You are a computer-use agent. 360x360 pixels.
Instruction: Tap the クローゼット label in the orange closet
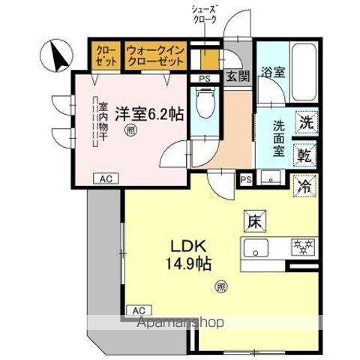104,55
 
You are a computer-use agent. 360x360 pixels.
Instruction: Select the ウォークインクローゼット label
156,55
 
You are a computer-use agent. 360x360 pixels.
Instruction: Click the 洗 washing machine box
306,121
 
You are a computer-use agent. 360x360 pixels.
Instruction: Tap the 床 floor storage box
255,222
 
